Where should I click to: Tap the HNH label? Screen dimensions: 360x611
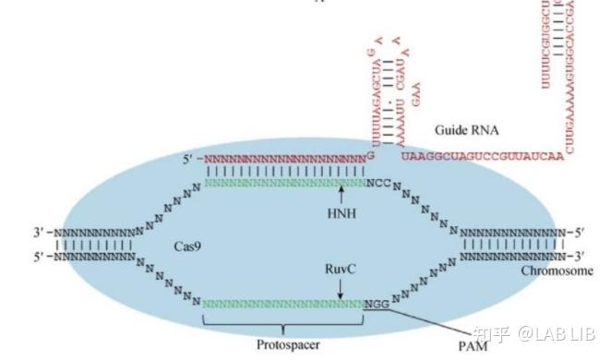(x=341, y=214)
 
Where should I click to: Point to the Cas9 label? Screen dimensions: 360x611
(x=188, y=247)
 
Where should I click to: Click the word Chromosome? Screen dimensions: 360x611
(x=557, y=270)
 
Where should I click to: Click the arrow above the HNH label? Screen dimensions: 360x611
(x=341, y=196)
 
